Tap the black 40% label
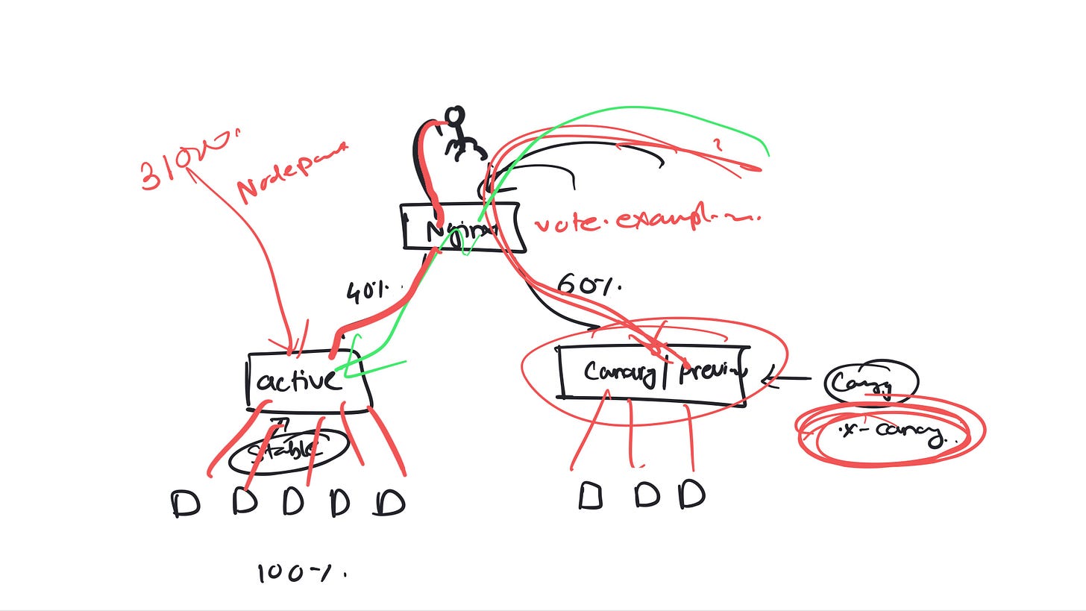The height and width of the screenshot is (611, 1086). tap(370, 292)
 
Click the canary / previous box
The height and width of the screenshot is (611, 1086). tap(652, 372)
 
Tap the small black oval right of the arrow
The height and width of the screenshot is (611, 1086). tap(870, 382)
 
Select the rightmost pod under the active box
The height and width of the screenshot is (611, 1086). tap(390, 503)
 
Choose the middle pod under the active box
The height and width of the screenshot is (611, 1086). tap(293, 503)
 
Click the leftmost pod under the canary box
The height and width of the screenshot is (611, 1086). tap(590, 495)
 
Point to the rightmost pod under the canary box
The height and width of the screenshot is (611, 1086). tap(692, 494)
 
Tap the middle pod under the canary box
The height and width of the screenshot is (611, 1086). tap(647, 495)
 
